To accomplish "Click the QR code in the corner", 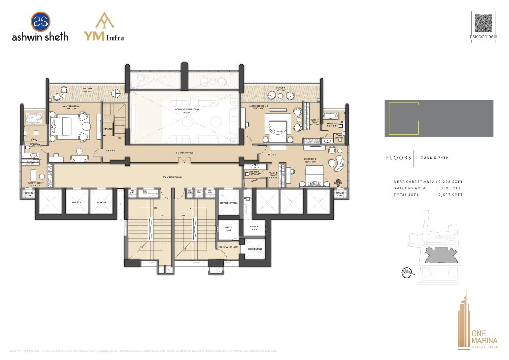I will (x=485, y=23).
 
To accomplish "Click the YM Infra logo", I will (x=104, y=26).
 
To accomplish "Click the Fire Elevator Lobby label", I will (x=229, y=247).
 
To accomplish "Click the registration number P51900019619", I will (x=484, y=37).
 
